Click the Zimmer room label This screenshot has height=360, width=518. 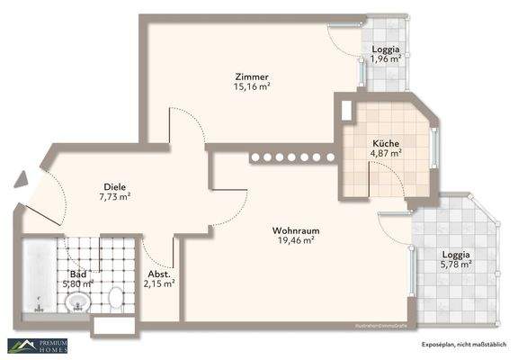coord(252,76)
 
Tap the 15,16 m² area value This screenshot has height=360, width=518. coord(253,88)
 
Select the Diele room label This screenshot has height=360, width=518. coord(114,184)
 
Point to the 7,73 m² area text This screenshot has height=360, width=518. coord(115,195)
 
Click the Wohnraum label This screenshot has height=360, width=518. coord(296,229)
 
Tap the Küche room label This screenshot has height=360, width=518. coord(387,143)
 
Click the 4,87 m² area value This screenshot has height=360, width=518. coord(387,154)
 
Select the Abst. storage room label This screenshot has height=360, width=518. coord(158,274)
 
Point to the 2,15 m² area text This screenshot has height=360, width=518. coord(159,284)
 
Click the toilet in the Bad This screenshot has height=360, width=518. coord(116,297)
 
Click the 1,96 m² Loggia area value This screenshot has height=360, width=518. coord(386,60)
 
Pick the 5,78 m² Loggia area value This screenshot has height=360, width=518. coord(456,266)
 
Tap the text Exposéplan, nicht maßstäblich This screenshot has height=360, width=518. coord(463,345)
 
